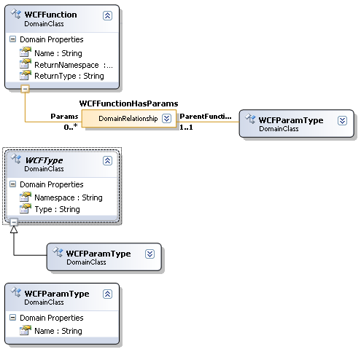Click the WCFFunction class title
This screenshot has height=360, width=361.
50,15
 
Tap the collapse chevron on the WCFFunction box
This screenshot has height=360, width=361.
107,15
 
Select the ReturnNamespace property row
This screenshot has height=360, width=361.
74,65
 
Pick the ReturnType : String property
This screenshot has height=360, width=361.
69,76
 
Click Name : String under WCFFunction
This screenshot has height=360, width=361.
58,53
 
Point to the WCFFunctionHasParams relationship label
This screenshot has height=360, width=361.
128,103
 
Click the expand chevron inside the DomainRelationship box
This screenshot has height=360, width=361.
166,119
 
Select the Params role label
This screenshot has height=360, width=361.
64,117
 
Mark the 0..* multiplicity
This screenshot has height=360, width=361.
71,127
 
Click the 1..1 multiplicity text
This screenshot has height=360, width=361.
186,127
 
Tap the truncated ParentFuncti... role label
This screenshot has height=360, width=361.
206,117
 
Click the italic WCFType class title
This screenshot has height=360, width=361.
44,160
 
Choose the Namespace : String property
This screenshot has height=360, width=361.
69,197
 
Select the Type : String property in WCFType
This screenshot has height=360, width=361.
57,209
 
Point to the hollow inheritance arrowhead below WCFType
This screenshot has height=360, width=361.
14,230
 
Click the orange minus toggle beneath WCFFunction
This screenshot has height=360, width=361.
25,89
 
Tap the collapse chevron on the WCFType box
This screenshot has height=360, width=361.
107,161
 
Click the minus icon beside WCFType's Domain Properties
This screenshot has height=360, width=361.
12,184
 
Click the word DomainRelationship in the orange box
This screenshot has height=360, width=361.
128,119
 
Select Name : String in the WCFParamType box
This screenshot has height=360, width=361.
58,331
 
